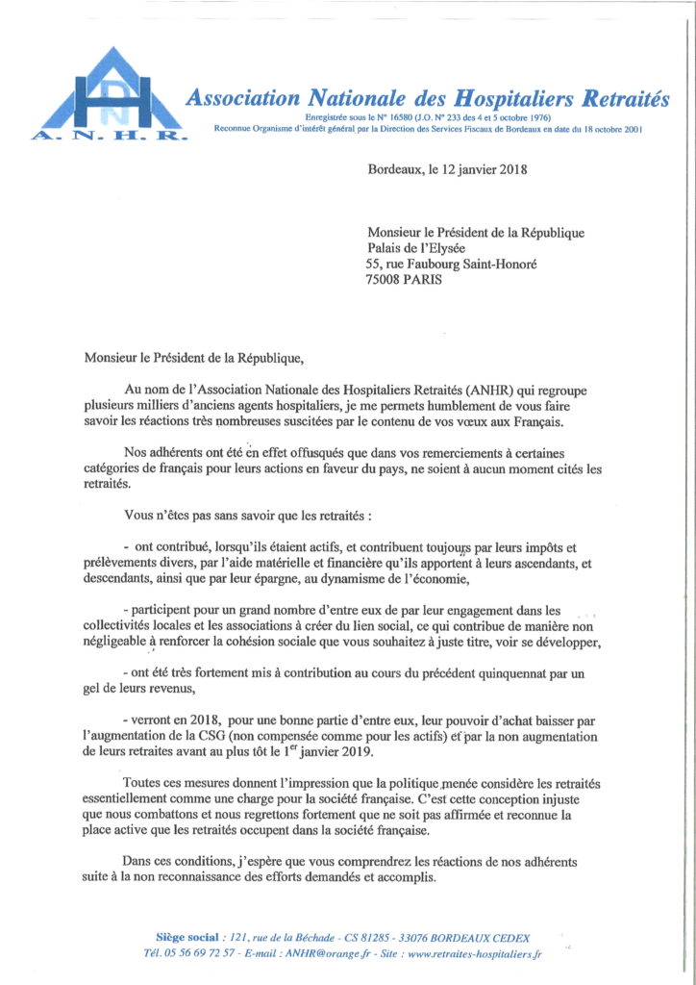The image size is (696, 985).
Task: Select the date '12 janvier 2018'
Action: (x=481, y=170)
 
